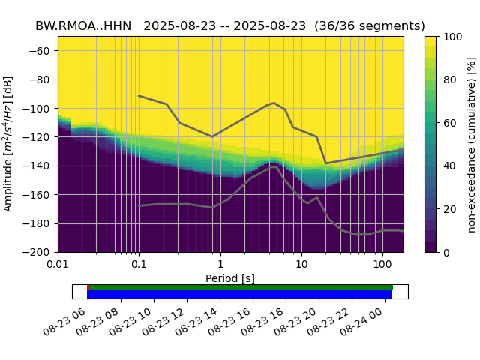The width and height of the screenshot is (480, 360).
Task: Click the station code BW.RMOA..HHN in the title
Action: click(83, 25)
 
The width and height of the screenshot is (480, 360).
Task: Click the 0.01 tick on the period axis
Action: click(58, 265)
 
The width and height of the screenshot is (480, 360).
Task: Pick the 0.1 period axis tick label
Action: click(139, 265)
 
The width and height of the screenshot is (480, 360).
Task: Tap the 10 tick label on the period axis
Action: click(301, 265)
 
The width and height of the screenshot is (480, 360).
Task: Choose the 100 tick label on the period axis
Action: click(382, 265)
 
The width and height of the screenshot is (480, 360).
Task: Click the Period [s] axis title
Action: click(230, 278)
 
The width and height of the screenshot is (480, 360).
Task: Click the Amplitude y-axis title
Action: click(9, 144)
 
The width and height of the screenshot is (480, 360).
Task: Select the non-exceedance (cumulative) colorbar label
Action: click(471, 144)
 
